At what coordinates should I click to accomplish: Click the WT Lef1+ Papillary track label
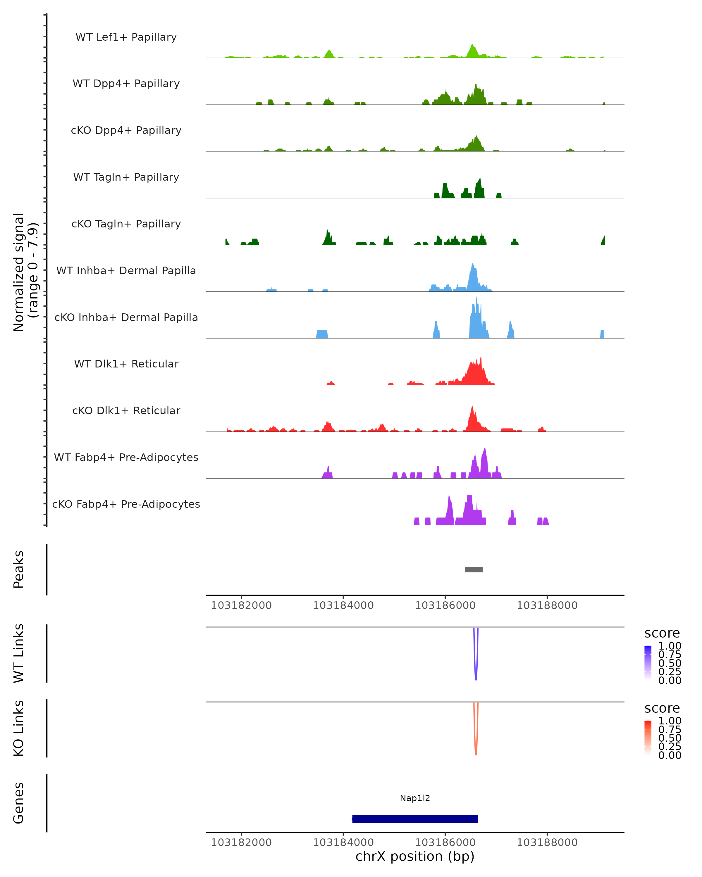pos(126,37)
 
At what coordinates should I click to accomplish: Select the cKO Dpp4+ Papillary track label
pos(126,130)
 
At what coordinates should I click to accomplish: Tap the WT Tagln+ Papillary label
pos(126,177)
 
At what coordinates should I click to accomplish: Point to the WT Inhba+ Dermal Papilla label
pos(126,270)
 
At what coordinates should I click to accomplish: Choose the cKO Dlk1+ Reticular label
pos(126,410)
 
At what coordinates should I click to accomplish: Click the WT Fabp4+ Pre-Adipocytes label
pos(126,457)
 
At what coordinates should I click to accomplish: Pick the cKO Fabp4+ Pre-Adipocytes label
pos(126,504)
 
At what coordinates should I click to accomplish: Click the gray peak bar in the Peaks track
pos(474,569)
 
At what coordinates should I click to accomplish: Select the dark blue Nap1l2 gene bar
pos(415,819)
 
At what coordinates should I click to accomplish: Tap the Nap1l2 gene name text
pos(415,798)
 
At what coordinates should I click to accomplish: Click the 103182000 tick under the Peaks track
pos(241,605)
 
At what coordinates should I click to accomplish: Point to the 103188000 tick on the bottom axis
pos(547,843)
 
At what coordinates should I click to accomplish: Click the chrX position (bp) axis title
pos(415,856)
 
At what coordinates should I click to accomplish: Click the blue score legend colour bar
pos(648,663)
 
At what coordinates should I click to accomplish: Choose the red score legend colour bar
pos(648,738)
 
